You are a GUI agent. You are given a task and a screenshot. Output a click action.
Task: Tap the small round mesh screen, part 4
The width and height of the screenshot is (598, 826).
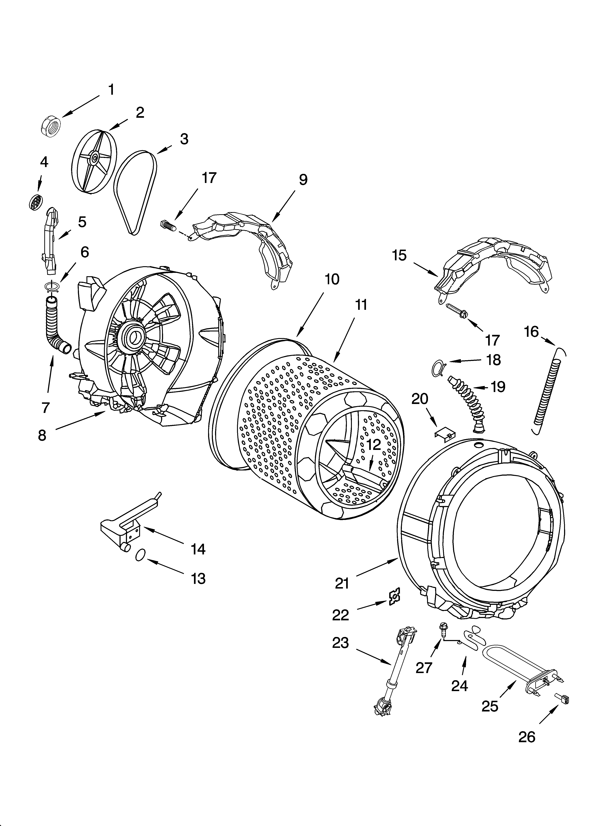click(x=36, y=201)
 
